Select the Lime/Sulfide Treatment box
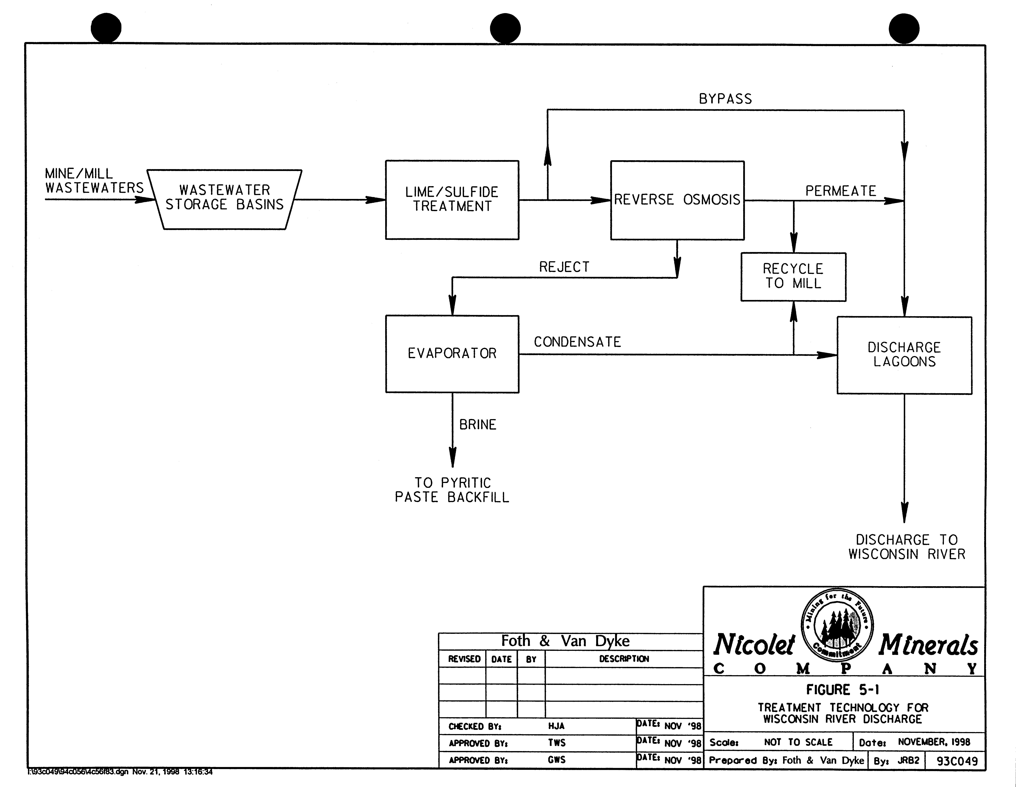pos(452,200)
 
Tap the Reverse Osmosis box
pos(677,200)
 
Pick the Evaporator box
pos(452,354)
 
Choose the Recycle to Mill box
pos(793,276)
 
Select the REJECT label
pos(564,267)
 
